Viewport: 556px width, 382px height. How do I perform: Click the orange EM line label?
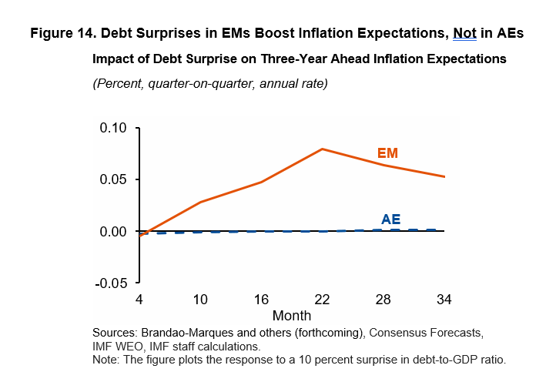pyautogui.click(x=387, y=153)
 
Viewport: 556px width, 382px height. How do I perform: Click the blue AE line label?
pyautogui.click(x=390, y=219)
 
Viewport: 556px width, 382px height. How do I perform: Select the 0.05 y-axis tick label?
pyautogui.click(x=115, y=179)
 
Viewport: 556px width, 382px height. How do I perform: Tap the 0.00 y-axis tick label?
pyautogui.click(x=115, y=231)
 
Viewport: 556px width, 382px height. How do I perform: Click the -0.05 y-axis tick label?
pyautogui.click(x=112, y=283)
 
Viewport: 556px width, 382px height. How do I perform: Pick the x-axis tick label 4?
pyautogui.click(x=139, y=298)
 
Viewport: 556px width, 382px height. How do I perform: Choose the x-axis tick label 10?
pyautogui.click(x=200, y=298)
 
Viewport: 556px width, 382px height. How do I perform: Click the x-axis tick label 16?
pyautogui.click(x=261, y=298)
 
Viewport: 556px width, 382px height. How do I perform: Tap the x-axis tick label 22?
pyautogui.click(x=322, y=298)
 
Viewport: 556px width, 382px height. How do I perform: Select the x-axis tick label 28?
pyautogui.click(x=384, y=298)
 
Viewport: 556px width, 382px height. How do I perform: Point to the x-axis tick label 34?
pyautogui.click(x=444, y=298)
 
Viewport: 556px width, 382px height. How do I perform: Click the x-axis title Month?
pyautogui.click(x=292, y=316)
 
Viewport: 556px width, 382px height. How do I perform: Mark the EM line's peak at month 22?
pyautogui.click(x=322, y=149)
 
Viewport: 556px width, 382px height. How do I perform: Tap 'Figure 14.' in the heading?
pyautogui.click(x=62, y=34)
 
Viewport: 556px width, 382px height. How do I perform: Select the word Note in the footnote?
pyautogui.click(x=106, y=360)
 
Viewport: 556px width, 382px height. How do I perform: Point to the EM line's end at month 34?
pyautogui.click(x=444, y=176)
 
